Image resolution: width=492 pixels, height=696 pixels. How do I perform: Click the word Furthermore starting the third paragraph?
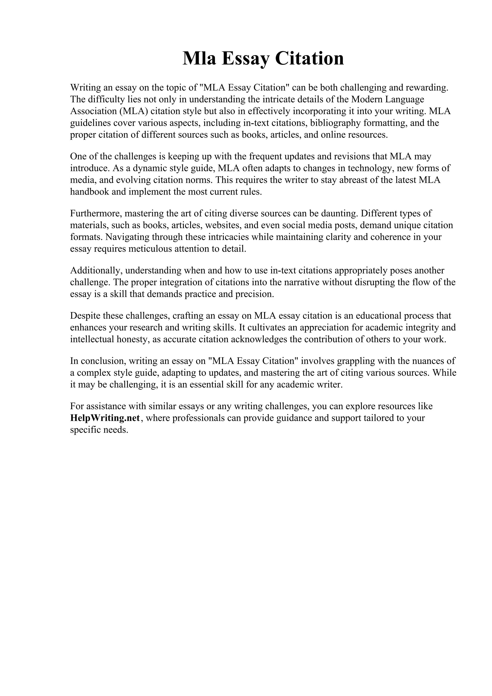(96, 214)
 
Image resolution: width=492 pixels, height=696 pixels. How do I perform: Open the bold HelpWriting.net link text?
(105, 418)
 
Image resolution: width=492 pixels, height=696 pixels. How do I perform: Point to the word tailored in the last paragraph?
(383, 418)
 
